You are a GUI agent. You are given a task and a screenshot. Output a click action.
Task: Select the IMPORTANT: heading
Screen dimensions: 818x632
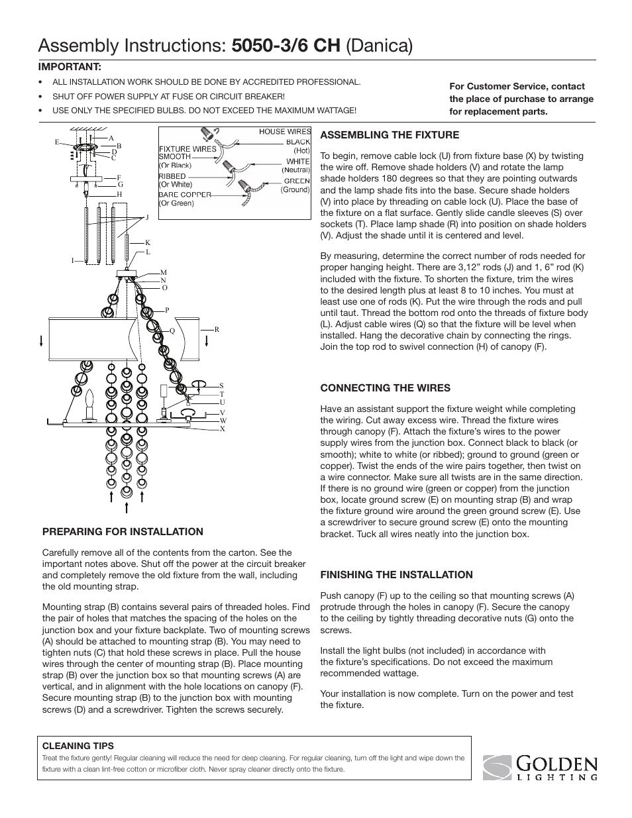click(69, 67)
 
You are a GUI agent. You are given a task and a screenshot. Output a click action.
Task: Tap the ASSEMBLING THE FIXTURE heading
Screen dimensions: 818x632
click(390, 135)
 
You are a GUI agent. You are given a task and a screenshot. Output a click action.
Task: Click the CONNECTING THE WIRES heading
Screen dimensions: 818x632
click(385, 388)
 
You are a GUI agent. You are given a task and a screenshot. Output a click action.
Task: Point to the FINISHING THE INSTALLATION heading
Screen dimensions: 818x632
click(396, 575)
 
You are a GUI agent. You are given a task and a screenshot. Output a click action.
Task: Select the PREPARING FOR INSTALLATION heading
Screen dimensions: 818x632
click(123, 532)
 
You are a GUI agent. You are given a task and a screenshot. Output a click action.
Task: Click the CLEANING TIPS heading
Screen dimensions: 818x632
click(78, 746)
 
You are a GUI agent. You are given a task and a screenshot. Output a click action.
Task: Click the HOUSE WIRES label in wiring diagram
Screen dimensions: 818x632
click(284, 132)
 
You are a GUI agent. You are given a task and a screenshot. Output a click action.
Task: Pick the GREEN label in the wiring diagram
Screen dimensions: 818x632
click(296, 181)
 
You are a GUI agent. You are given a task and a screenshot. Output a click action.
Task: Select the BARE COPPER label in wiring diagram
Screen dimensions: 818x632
click(185, 195)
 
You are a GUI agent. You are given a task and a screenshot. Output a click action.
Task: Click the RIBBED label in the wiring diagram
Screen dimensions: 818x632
click(172, 176)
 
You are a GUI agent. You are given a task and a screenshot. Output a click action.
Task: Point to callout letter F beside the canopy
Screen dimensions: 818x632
click(119, 178)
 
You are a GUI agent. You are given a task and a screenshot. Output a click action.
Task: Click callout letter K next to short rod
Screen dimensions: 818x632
click(148, 243)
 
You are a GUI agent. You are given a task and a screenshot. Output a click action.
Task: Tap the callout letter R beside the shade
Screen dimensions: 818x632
click(216, 329)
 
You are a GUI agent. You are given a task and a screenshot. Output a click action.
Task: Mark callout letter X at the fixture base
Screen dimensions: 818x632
click(223, 429)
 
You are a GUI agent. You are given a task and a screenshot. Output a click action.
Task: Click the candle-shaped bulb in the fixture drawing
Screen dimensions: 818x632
click(89, 402)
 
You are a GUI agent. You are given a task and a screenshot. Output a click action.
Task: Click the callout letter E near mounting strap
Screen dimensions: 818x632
click(58, 142)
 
